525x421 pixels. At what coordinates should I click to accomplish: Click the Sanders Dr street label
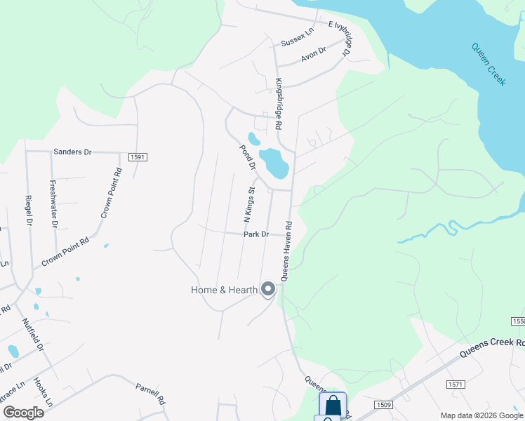[73, 151]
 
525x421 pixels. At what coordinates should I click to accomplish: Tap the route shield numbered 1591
[137, 157]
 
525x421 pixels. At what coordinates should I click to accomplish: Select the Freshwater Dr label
[53, 204]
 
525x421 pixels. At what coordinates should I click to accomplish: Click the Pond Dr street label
[247, 157]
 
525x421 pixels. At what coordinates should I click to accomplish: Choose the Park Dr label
[256, 234]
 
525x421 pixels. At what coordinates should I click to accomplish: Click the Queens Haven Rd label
[288, 250]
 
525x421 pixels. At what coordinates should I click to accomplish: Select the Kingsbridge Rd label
[279, 104]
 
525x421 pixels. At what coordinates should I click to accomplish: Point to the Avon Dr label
[314, 54]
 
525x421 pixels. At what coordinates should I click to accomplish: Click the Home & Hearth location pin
[267, 288]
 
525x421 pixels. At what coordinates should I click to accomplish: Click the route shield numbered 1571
[456, 385]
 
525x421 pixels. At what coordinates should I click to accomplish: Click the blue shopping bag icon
[332, 405]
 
